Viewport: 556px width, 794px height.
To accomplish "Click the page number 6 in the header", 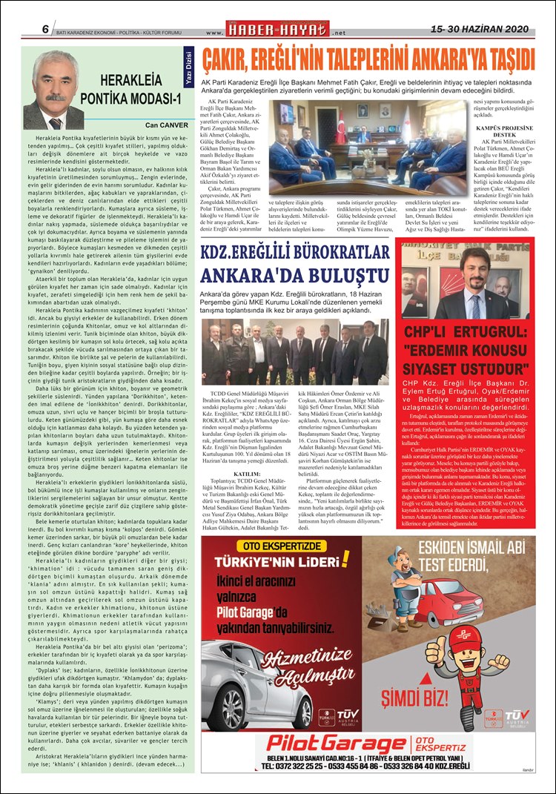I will point(45,29).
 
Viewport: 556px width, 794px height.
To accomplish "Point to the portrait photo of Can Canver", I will point(53,90).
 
